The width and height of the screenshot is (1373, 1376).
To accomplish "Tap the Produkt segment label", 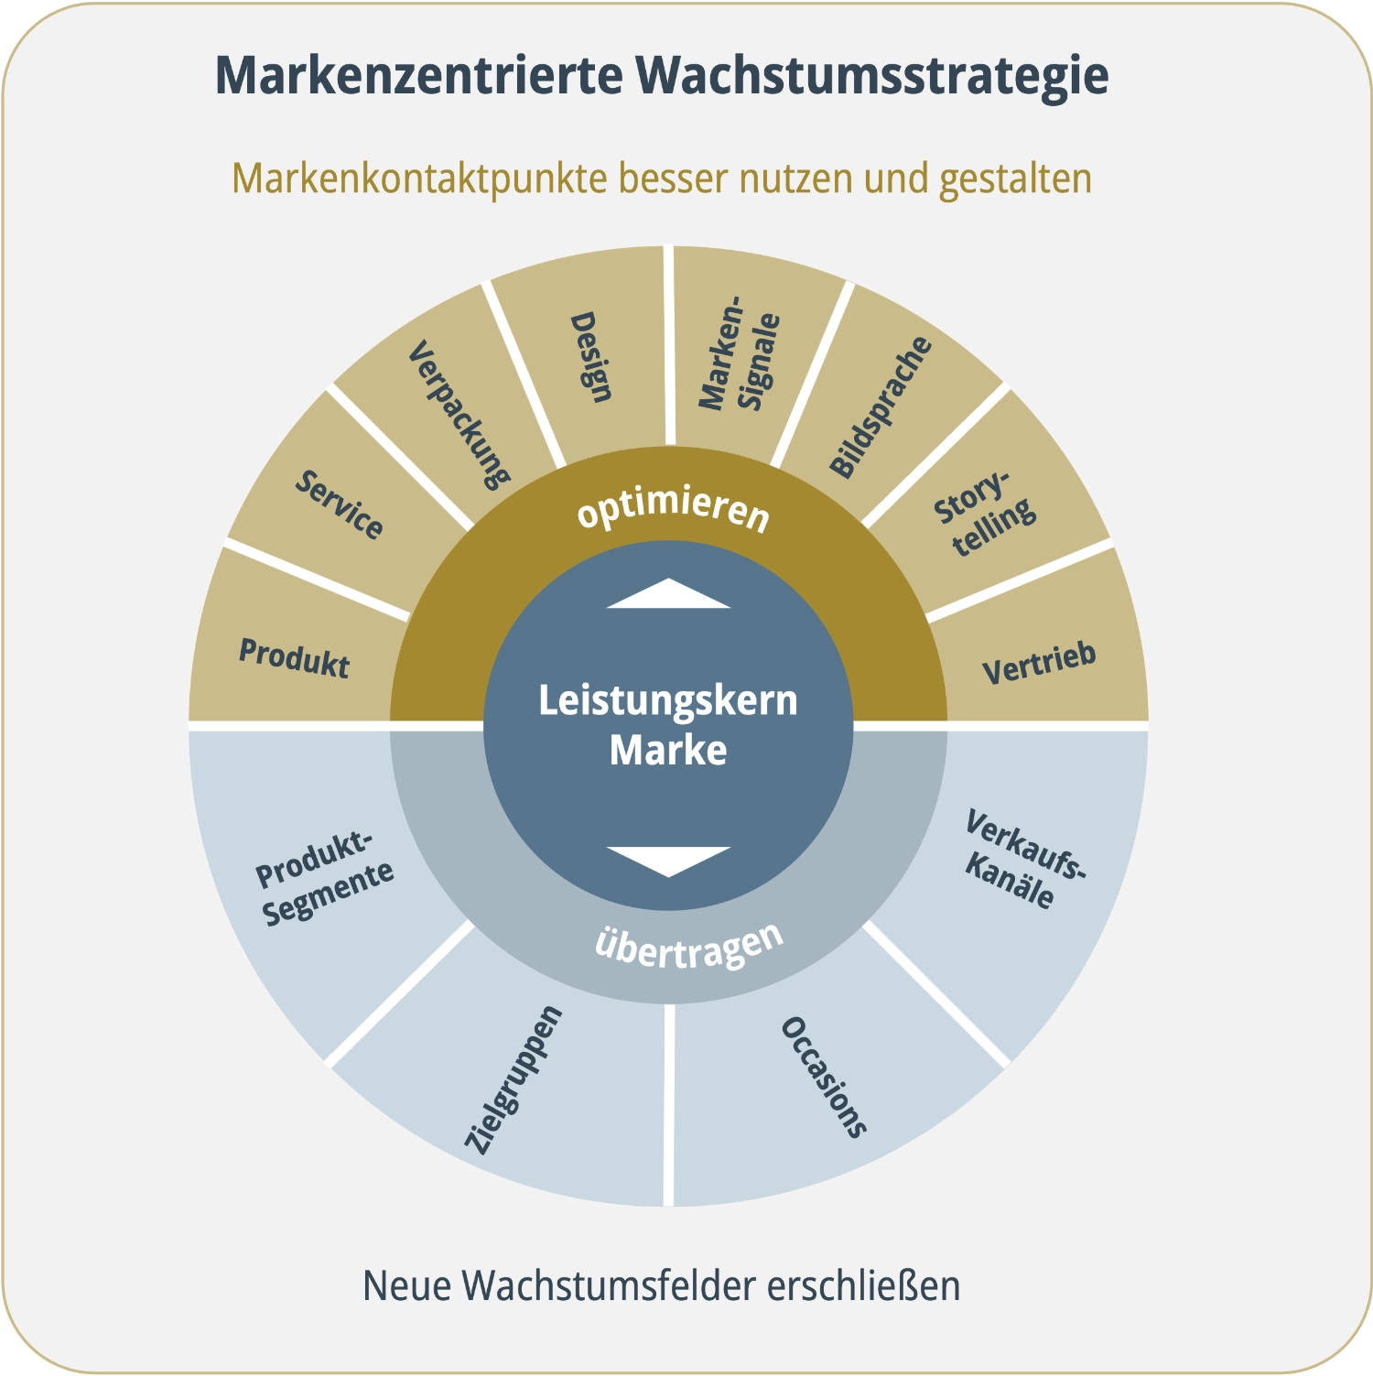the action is [x=294, y=657].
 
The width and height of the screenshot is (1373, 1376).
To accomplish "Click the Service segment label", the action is [x=339, y=505].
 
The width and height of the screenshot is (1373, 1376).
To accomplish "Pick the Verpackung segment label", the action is [x=458, y=415].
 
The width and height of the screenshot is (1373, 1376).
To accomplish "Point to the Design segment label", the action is [x=590, y=357].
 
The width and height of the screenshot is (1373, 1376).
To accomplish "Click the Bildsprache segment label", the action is [x=880, y=406].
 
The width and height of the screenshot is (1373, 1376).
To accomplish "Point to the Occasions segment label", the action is [x=823, y=1077].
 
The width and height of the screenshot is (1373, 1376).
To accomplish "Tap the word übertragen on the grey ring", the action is [x=689, y=945].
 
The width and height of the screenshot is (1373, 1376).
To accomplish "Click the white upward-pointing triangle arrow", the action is [x=668, y=594].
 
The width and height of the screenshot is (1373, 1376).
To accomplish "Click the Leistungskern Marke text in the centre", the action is [x=668, y=725].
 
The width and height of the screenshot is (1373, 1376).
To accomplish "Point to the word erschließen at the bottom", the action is [x=863, y=1285].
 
